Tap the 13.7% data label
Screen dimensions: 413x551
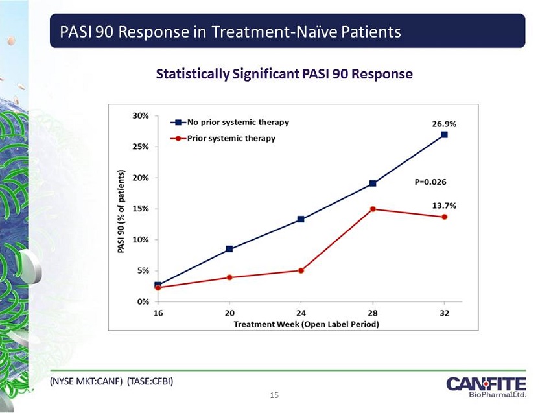[444, 206]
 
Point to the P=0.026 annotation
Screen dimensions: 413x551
[430, 182]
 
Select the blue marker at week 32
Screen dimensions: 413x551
[444, 135]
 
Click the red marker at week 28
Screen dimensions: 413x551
[373, 209]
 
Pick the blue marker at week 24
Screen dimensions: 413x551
[301, 219]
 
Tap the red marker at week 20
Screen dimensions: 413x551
[229, 277]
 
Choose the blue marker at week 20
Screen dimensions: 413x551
[229, 249]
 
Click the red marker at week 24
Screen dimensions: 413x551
[301, 270]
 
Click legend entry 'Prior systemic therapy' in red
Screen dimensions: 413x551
[231, 138]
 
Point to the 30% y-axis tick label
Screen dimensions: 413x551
[141, 115]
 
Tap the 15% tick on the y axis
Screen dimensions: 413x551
[141, 209]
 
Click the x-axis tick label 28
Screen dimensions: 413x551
[373, 313]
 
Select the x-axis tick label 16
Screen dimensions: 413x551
[158, 313]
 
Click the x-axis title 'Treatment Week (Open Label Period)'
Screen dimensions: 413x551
[306, 323]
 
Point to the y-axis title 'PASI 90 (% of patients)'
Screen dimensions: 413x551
[121, 211]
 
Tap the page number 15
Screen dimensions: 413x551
[275, 395]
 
